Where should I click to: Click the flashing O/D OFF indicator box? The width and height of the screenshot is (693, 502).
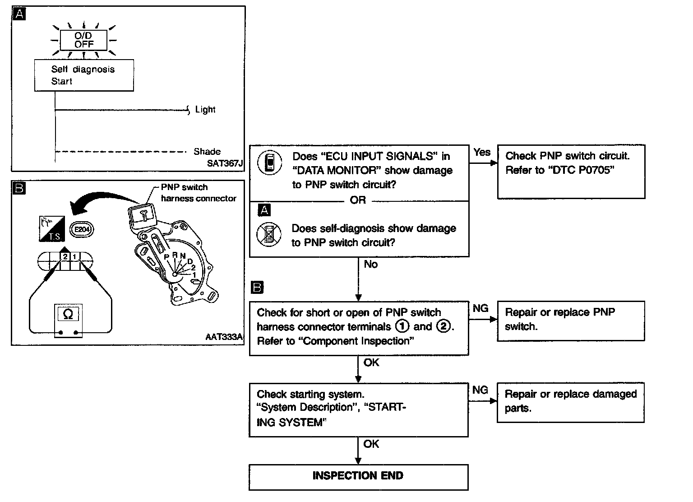click(84, 40)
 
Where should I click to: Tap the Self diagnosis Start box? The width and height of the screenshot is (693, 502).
click(84, 75)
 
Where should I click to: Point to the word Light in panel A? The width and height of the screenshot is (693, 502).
click(205, 110)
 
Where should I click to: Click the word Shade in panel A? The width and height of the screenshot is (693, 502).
click(207, 152)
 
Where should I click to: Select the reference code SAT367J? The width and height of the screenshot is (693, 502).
click(225, 163)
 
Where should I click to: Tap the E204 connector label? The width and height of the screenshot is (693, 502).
click(82, 229)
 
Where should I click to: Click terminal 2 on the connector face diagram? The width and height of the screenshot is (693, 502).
click(65, 257)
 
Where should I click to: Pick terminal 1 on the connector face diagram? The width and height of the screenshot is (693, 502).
click(75, 257)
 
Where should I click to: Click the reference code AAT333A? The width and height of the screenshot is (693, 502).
click(224, 337)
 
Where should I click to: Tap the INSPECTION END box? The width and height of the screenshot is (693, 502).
click(358, 476)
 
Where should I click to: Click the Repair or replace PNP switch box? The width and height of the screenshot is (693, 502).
click(570, 321)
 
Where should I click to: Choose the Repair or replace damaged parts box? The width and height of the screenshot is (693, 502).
click(570, 402)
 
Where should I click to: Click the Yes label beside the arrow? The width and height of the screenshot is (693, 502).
click(482, 153)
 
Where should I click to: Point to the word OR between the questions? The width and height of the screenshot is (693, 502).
click(358, 200)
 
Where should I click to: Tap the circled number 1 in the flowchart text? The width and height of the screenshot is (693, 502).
click(402, 326)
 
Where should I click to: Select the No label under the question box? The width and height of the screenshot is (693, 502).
click(370, 265)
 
